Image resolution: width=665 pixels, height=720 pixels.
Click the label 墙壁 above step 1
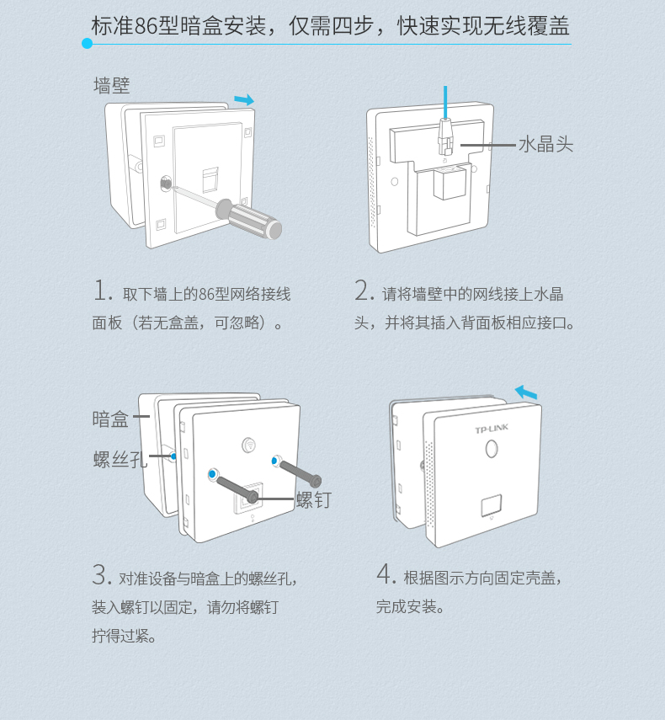click(111, 85)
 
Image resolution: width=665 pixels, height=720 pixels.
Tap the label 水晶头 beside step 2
click(545, 145)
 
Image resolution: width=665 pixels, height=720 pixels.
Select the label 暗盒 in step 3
click(110, 419)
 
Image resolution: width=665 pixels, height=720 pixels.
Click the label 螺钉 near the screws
click(313, 500)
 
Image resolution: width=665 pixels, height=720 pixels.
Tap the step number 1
click(102, 291)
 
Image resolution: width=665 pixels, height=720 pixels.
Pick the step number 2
click(364, 291)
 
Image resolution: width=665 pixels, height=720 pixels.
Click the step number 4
click(386, 575)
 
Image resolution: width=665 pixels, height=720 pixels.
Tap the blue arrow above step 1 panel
click(243, 100)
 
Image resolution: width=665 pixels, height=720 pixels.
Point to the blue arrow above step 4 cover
click(525, 392)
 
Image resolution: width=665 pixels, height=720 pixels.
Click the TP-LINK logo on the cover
click(492, 429)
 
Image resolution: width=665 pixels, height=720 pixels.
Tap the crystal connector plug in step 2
click(445, 135)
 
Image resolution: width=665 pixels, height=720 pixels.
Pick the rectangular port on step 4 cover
click(489, 506)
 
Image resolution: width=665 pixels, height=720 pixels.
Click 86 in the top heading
click(146, 26)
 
